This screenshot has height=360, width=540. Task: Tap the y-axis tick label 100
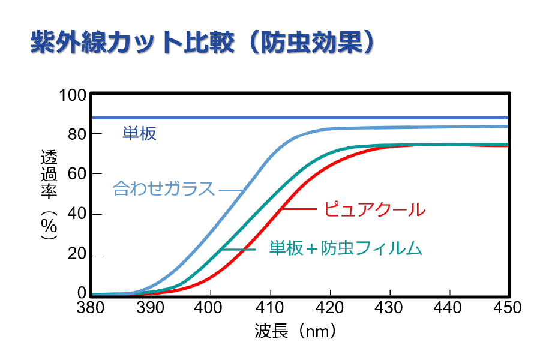pyautogui.click(x=73, y=95)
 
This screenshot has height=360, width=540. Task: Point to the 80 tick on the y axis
pyautogui.click(x=77, y=134)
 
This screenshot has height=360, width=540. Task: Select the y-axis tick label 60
pyautogui.click(x=77, y=174)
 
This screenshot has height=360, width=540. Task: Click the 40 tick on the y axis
pyautogui.click(x=77, y=214)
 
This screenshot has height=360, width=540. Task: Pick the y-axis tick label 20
pyautogui.click(x=77, y=254)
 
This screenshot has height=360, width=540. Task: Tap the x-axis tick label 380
pyautogui.click(x=91, y=308)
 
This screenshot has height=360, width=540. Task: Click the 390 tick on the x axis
pyautogui.click(x=151, y=308)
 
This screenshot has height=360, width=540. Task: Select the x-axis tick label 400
pyautogui.click(x=211, y=308)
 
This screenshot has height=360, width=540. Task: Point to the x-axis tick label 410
pyautogui.click(x=270, y=308)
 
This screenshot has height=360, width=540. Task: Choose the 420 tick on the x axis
pyautogui.click(x=330, y=308)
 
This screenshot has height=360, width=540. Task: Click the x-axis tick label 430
pyautogui.click(x=389, y=308)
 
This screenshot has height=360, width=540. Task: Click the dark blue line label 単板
pyautogui.click(x=139, y=133)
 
